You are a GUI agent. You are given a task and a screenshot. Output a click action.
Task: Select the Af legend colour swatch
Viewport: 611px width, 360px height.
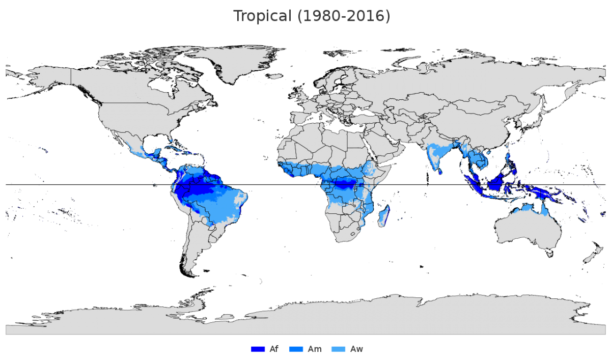click(x=258, y=349)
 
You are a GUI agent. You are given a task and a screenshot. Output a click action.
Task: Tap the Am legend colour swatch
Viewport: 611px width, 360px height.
click(x=296, y=349)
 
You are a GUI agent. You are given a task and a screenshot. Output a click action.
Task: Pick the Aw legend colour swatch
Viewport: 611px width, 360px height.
click(x=338, y=349)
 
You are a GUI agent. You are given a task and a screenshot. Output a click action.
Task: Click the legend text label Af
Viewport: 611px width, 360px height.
click(x=273, y=349)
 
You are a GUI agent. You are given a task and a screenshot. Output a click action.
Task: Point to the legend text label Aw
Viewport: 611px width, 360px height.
click(x=357, y=349)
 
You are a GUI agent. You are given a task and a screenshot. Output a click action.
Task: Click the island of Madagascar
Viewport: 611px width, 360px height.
click(x=384, y=215)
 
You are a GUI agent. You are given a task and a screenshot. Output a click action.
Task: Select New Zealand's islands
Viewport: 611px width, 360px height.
click(x=593, y=252)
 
